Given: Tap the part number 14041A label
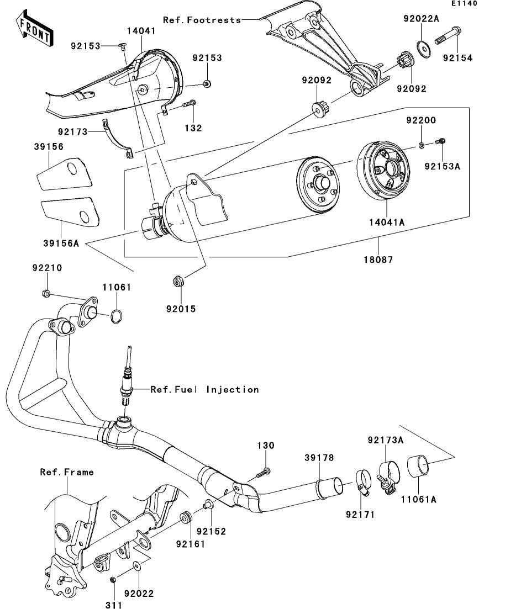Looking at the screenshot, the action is (386, 222).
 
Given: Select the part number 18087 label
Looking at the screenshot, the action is (378, 259).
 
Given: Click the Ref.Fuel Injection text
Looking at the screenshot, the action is (205, 390).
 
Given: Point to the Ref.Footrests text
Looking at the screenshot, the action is (202, 20).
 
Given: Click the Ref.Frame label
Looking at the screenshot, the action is (67, 472).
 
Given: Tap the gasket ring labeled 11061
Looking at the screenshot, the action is (117, 316).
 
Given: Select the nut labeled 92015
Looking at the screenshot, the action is (177, 280).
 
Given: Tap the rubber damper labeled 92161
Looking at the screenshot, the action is (185, 518).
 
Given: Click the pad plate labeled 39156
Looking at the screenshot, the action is (65, 173).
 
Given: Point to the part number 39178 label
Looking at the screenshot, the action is (319, 458).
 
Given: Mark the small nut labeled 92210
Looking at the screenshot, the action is (45, 293).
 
